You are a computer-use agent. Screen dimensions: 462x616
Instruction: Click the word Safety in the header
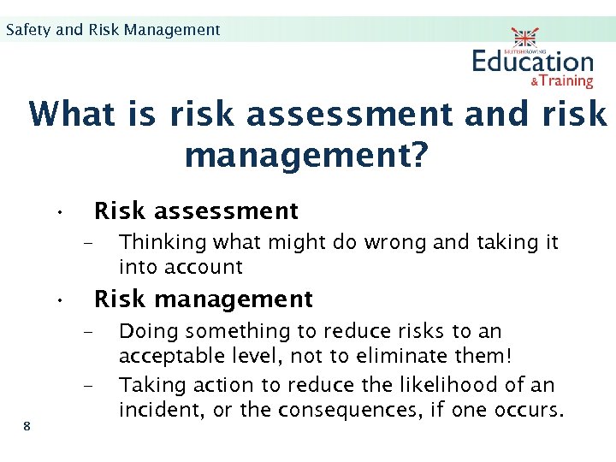pos(28,30)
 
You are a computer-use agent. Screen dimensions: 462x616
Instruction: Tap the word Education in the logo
pos(532,62)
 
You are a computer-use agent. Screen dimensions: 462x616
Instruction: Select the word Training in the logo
pos(566,81)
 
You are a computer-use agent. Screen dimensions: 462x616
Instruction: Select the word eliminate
pos(385,355)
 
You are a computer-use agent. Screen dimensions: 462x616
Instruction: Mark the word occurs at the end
pos(530,410)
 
